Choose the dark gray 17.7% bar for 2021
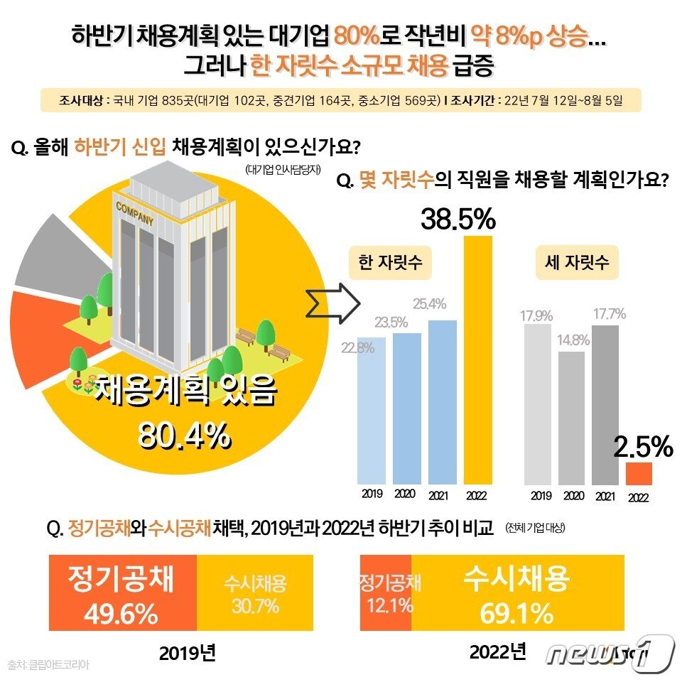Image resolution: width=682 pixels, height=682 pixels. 605,404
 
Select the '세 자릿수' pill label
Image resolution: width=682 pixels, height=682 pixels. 576,262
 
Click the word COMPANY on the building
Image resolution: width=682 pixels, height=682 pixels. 134,214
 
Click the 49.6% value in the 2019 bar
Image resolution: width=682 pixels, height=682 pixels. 121,615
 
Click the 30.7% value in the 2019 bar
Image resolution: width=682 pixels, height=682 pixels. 254,606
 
